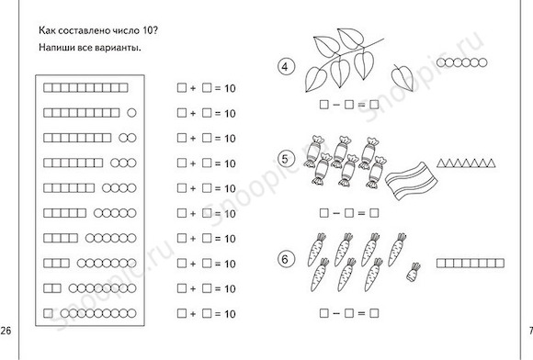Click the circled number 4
[x=285, y=66]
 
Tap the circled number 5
[x=285, y=159]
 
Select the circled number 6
[x=285, y=260]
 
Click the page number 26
[x=6, y=330]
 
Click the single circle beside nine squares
[x=131, y=113]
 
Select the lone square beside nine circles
[x=48, y=313]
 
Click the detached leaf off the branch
[x=403, y=77]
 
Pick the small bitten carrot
[x=414, y=272]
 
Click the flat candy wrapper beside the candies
[x=412, y=181]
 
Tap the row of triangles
[x=466, y=163]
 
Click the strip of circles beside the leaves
[x=461, y=62]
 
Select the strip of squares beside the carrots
[x=471, y=263]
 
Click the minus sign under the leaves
[x=336, y=105]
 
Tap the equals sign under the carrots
[x=361, y=313]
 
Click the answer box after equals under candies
[x=374, y=213]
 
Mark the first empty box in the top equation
[x=182, y=88]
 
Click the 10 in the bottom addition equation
[x=230, y=313]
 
